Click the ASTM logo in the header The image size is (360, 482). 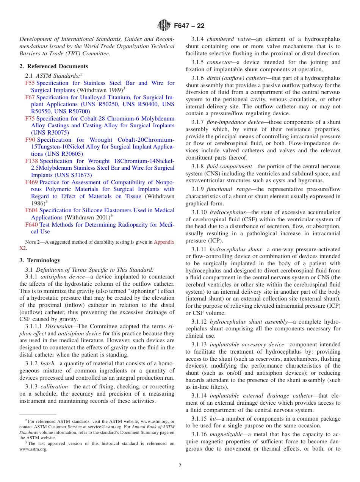(x=164, y=26)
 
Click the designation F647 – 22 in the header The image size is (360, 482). (x=189, y=26)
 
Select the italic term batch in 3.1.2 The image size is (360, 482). (x=47, y=363)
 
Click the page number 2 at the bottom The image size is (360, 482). (x=180, y=466)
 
